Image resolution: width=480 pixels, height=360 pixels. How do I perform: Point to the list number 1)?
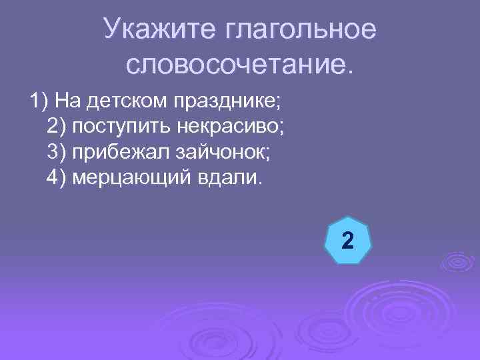pos(39,101)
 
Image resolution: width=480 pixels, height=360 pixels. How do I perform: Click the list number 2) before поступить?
pos(57,127)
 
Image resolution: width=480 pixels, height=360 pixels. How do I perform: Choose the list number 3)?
pos(57,153)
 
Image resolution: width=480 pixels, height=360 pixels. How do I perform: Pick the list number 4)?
pos(57,178)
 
